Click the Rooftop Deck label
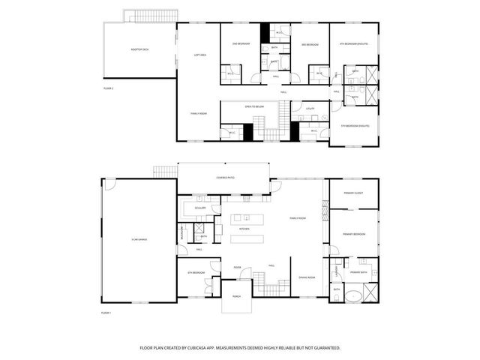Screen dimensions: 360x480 click(139, 49)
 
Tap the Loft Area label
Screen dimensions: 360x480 click(200, 55)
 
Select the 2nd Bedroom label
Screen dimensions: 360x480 click(241, 45)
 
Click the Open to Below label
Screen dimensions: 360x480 click(254, 107)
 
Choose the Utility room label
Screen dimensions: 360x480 click(310, 109)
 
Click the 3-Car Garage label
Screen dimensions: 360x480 click(139, 239)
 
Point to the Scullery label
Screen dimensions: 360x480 click(199, 208)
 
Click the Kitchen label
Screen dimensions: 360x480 click(244, 229)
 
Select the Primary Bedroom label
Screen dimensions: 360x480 click(354, 234)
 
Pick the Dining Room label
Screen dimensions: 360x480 click(306, 277)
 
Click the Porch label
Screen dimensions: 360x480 click(237, 297)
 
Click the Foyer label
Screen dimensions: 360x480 click(236, 266)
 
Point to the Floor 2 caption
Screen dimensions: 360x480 click(108, 88)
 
